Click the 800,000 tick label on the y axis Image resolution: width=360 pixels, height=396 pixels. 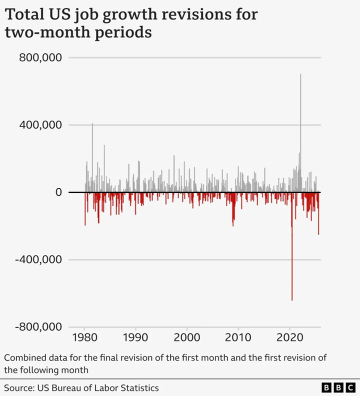point(40,57)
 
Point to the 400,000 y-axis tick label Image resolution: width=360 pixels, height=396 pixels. point(40,125)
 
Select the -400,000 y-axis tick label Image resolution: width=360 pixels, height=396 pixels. point(37,260)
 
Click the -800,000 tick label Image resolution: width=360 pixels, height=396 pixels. point(37,327)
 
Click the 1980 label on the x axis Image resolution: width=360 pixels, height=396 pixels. point(85,337)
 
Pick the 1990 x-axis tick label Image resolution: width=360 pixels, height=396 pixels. point(136,337)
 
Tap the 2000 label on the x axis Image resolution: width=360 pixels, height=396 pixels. point(187,337)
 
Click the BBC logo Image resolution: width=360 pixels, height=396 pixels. point(338,388)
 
